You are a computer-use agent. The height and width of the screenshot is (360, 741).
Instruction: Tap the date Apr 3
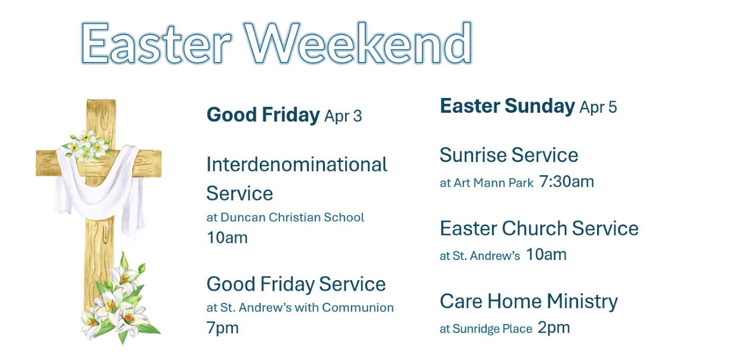pyautogui.click(x=343, y=116)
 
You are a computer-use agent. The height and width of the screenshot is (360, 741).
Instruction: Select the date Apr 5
pyautogui.click(x=598, y=107)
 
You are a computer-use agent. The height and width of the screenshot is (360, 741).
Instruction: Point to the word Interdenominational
pyautogui.click(x=297, y=165)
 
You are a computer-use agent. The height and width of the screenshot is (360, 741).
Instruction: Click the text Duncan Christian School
pyautogui.click(x=292, y=217)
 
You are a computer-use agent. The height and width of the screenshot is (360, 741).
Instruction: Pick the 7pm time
pyautogui.click(x=222, y=328)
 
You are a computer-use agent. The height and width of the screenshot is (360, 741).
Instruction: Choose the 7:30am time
pyautogui.click(x=567, y=182)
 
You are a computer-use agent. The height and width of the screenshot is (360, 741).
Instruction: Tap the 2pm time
pyautogui.click(x=554, y=328)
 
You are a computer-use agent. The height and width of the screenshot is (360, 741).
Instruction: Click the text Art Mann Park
pyautogui.click(x=493, y=183)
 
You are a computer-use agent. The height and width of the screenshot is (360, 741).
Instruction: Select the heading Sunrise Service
pyautogui.click(x=509, y=155)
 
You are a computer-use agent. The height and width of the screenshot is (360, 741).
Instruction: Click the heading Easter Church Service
pyautogui.click(x=539, y=228)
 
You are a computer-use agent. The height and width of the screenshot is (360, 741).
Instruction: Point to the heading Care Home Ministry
pyautogui.click(x=529, y=301)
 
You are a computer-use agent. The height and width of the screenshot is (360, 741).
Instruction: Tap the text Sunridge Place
pyautogui.click(x=492, y=329)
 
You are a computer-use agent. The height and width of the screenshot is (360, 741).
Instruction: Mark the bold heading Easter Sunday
pyautogui.click(x=507, y=106)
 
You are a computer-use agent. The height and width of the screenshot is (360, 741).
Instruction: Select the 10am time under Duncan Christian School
pyautogui.click(x=227, y=238)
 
